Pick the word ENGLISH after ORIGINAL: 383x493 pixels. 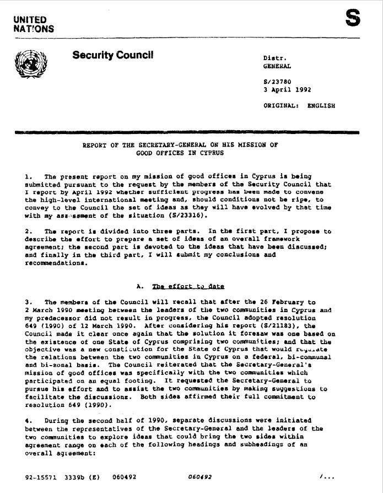point(321,105)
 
